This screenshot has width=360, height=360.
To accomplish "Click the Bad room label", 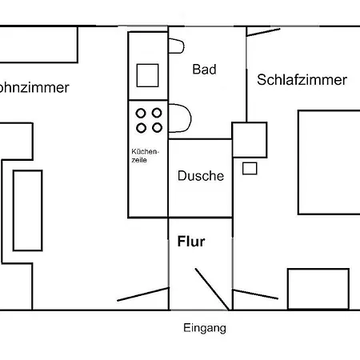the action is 204,70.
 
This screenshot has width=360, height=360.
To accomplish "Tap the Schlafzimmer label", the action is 302,80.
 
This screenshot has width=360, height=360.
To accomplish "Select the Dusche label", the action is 201,176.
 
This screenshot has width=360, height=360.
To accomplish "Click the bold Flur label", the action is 191,242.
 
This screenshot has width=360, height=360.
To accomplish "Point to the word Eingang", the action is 205,328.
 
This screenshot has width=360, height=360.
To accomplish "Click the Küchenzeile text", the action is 145,156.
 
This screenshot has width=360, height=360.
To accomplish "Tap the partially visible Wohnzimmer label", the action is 34,87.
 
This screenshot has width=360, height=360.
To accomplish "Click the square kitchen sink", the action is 147,75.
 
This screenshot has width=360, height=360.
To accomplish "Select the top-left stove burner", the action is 141,114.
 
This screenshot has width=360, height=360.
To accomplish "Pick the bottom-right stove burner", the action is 157,128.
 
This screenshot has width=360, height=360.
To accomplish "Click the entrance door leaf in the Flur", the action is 212,289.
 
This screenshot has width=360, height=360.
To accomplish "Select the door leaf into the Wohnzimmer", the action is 143,294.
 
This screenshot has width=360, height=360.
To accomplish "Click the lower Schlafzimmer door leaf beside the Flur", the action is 255,294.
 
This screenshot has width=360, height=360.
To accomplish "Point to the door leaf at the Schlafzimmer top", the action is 263,32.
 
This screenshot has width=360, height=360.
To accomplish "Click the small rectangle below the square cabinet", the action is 250,169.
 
